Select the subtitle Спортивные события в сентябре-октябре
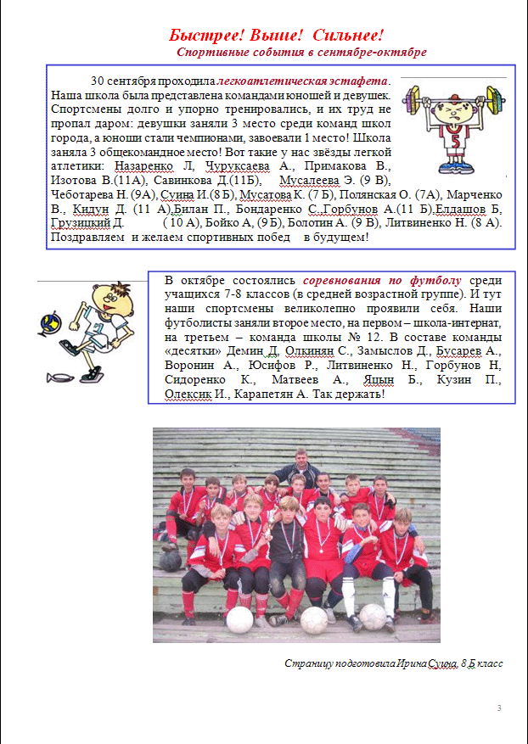tap(301, 53)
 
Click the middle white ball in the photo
tap(314, 620)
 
